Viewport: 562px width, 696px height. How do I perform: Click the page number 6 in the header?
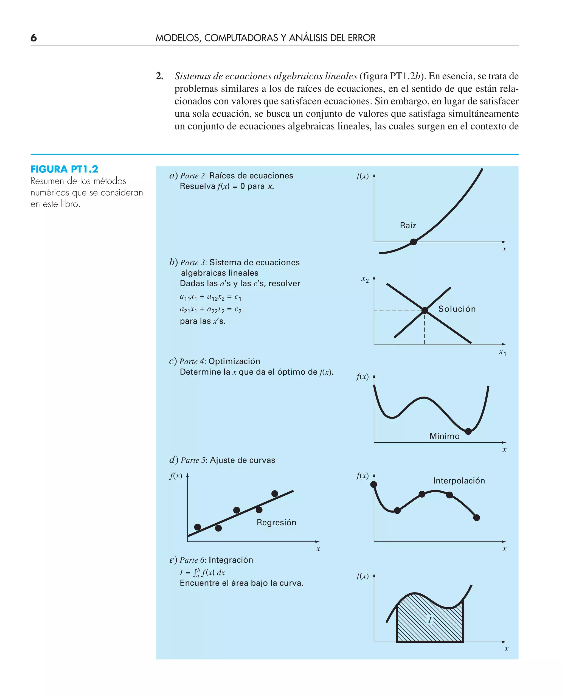(34, 38)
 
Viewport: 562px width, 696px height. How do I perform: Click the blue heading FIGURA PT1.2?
(64, 169)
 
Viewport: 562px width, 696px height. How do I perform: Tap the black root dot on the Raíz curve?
(414, 242)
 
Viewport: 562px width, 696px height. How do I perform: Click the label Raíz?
(408, 225)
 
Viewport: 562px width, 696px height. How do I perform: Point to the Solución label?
(457, 309)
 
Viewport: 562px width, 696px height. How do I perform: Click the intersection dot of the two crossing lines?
(425, 310)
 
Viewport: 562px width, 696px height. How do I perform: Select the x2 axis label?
(365, 279)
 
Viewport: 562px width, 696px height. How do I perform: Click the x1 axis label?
(502, 352)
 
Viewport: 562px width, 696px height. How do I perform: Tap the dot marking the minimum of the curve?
(468, 431)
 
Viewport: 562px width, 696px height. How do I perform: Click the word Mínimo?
(444, 436)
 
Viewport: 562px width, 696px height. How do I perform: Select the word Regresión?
(276, 522)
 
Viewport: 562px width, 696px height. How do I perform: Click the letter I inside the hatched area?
(430, 620)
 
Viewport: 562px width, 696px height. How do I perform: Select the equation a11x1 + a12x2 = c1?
(210, 297)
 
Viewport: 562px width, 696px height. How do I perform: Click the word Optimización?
(234, 361)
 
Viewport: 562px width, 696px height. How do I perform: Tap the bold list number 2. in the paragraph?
(160, 76)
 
